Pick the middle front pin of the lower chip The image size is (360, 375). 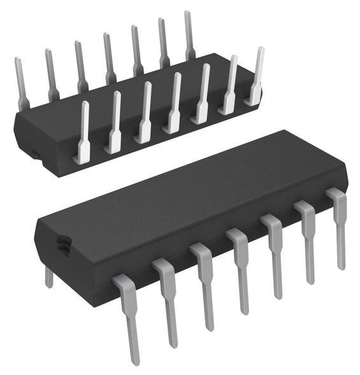pos(240,267)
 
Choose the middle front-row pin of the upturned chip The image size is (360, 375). pos(173,102)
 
